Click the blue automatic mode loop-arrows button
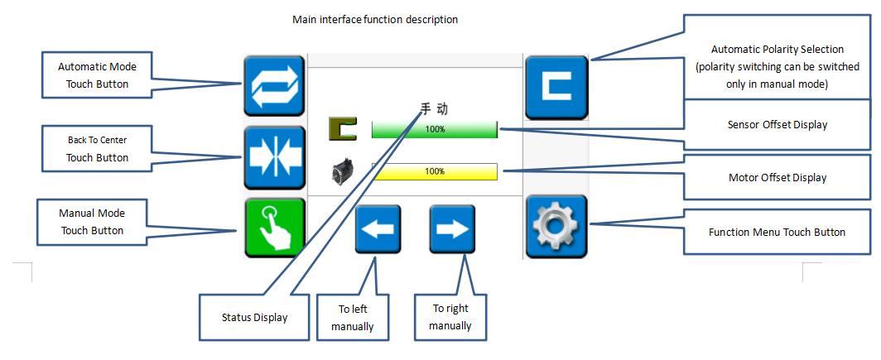274,86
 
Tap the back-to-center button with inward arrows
274,157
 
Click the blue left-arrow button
378,229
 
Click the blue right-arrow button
452,229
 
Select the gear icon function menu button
556,227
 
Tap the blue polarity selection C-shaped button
556,86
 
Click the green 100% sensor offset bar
434,129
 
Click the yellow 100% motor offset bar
434,171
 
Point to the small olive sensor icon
342,129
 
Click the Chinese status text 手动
436,108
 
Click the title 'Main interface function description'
374,19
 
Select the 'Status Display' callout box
254,317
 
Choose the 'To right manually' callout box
451,317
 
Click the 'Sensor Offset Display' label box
777,125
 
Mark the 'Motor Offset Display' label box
777,177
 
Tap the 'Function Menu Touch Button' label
777,232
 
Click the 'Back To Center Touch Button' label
97,149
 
